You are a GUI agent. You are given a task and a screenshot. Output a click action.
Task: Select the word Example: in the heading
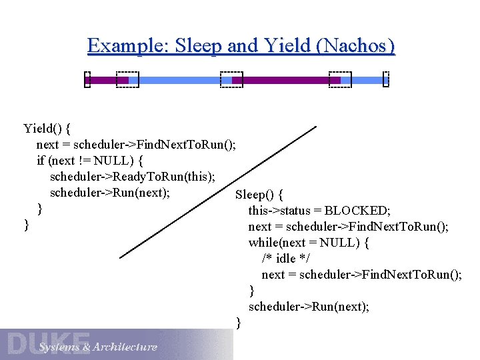click(129, 46)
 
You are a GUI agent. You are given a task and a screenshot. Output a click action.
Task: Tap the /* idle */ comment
click(287, 258)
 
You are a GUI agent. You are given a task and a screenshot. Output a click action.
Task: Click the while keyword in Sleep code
click(263, 243)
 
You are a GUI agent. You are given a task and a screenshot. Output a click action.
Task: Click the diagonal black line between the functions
click(220, 191)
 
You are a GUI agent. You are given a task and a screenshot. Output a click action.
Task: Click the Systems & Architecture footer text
click(98, 347)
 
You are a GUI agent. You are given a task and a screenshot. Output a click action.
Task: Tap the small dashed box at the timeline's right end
click(385, 80)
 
